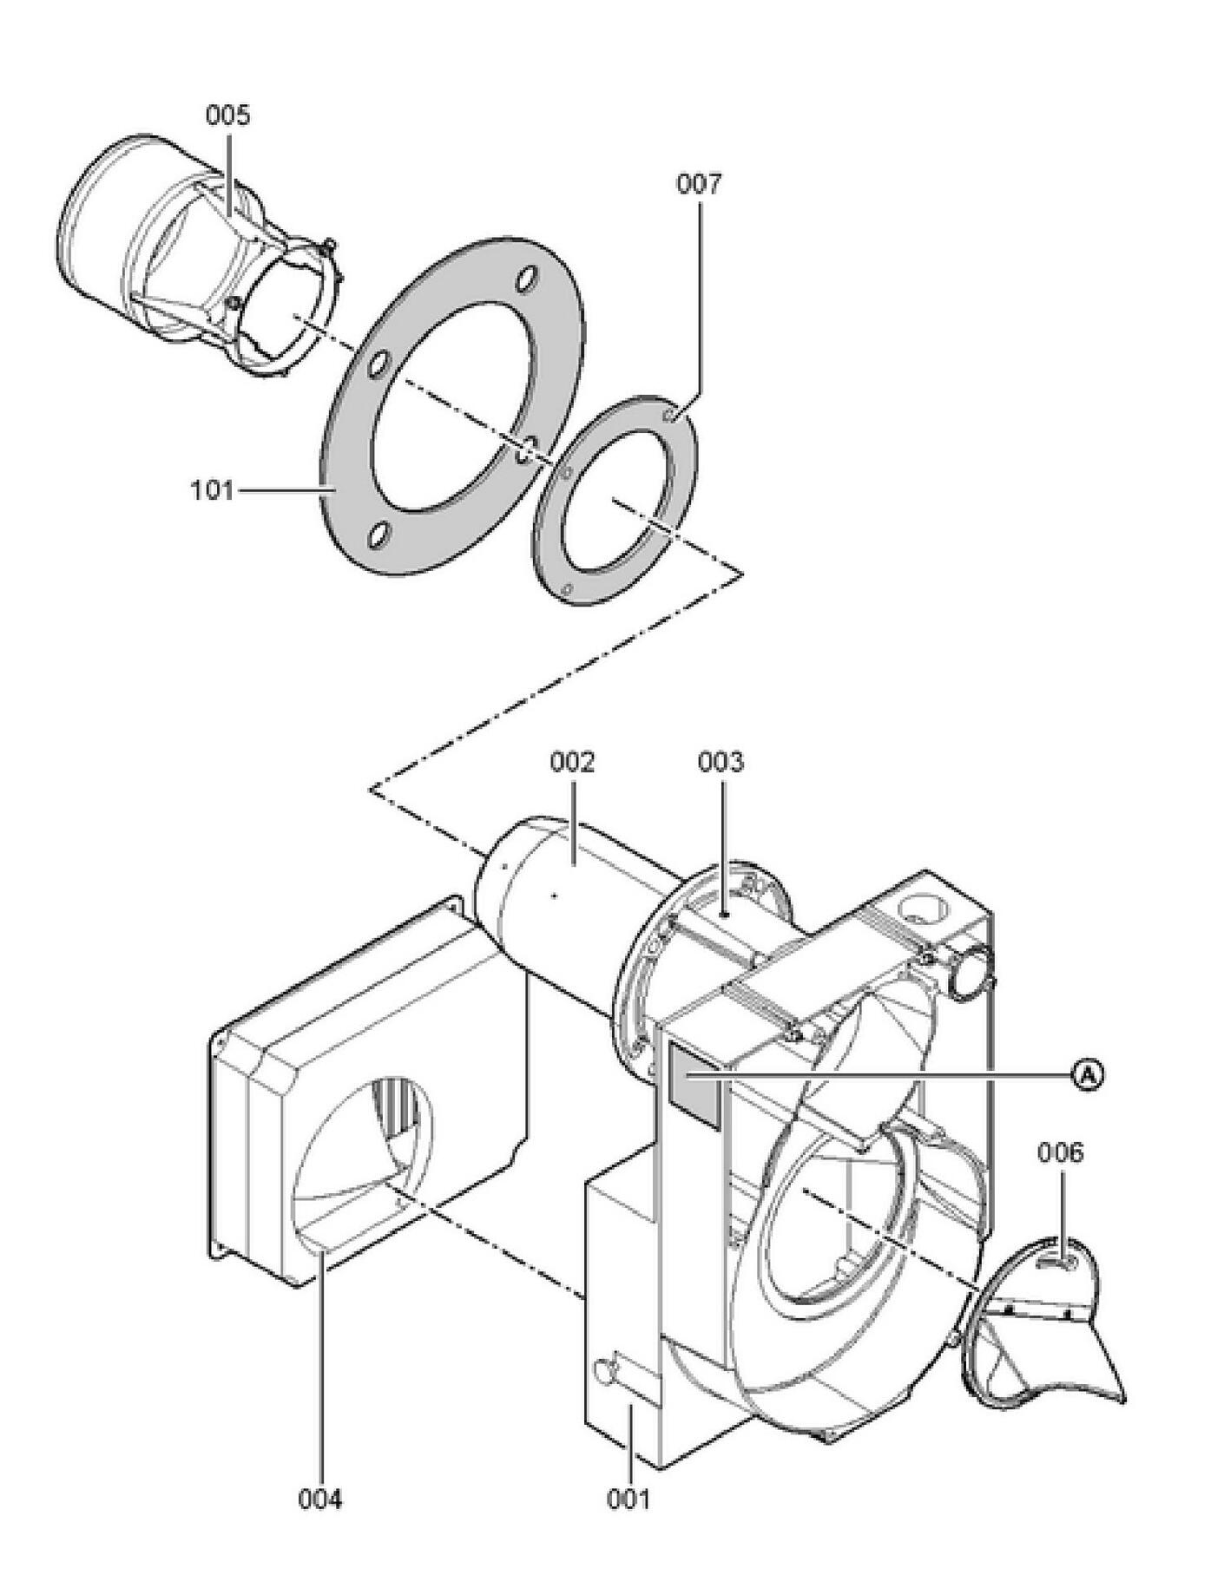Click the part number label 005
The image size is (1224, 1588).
[227, 115]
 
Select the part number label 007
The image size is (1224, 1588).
[699, 184]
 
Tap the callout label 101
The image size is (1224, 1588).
[213, 490]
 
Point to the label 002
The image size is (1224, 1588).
[573, 762]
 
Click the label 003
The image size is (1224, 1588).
[721, 762]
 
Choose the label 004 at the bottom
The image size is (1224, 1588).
[321, 1499]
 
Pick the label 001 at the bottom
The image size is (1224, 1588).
[628, 1499]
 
